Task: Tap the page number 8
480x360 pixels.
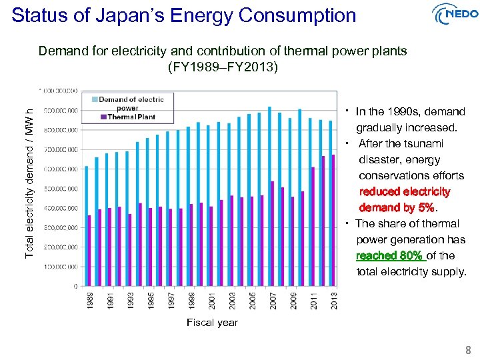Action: [468, 350]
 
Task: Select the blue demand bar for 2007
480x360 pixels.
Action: [269, 197]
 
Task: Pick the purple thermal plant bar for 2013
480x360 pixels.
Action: [333, 221]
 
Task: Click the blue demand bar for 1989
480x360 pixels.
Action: [86, 226]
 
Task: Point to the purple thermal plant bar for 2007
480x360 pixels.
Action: [273, 233]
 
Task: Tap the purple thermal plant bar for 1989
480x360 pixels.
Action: [89, 251]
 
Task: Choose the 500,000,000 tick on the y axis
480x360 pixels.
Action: [61, 189]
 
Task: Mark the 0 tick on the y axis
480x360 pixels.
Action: [75, 286]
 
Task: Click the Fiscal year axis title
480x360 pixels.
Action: [211, 323]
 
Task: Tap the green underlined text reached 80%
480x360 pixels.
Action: [389, 255]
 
